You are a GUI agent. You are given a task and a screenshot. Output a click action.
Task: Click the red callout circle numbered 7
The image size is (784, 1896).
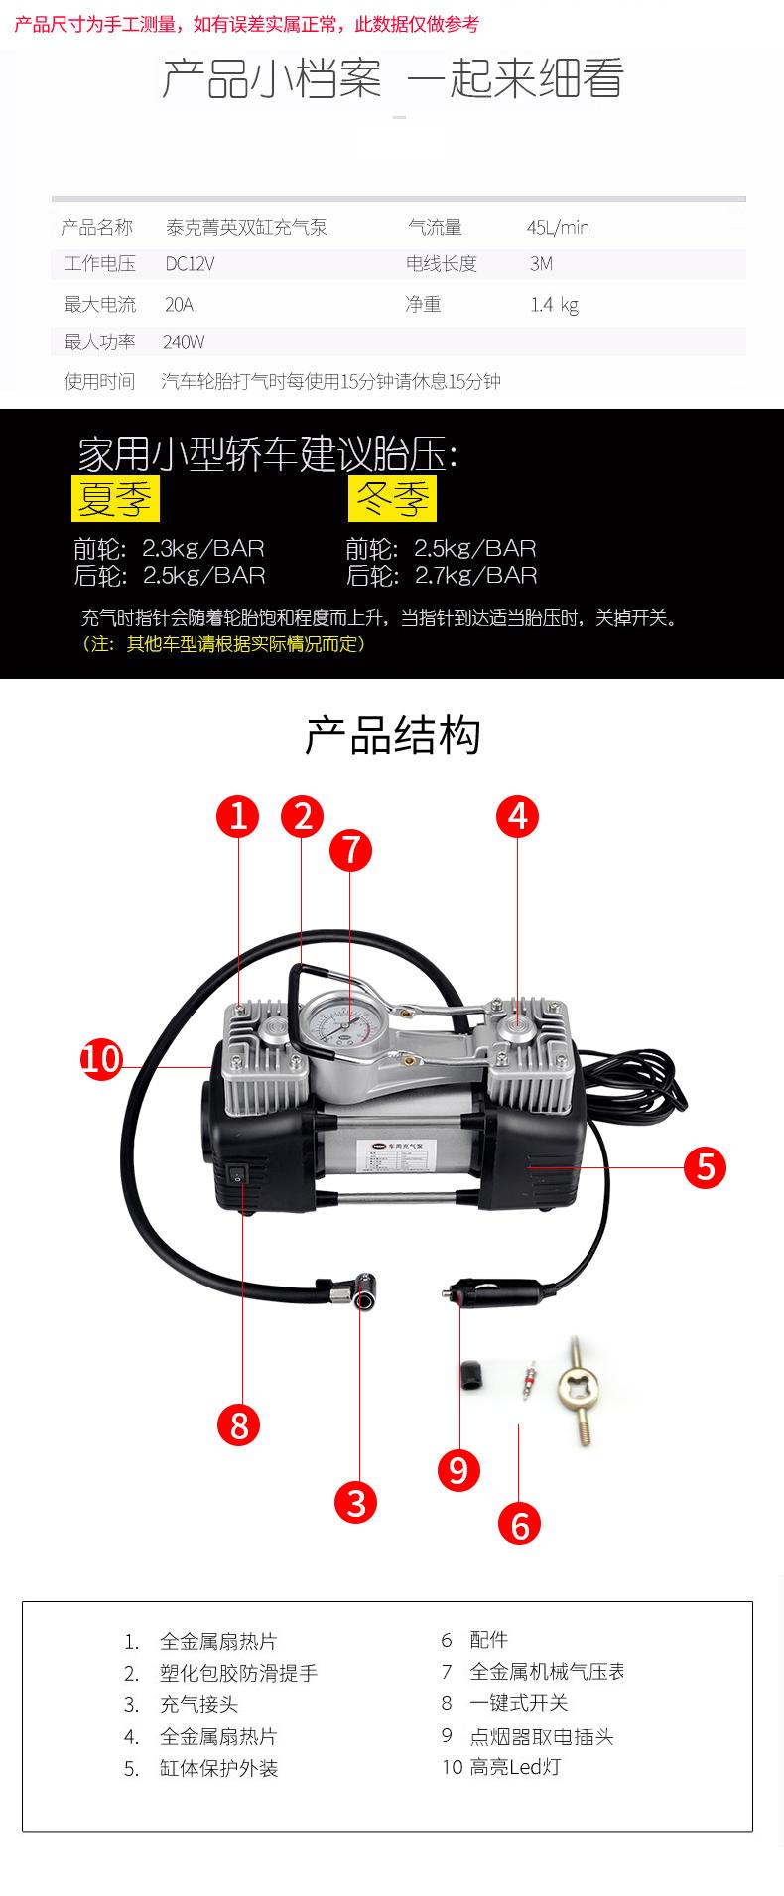pyautogui.click(x=350, y=851)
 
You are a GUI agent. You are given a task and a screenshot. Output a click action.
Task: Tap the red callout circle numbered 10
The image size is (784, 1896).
pyautogui.click(x=101, y=1058)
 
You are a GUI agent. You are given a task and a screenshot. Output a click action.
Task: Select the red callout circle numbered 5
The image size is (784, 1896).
pyautogui.click(x=706, y=1167)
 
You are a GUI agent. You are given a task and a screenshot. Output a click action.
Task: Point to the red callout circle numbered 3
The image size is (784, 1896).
pyautogui.click(x=356, y=1501)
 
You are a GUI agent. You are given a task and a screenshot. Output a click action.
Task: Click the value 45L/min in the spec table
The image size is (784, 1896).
pyautogui.click(x=558, y=228)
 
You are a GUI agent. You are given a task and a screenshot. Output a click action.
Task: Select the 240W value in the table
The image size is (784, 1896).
pyautogui.click(x=184, y=342)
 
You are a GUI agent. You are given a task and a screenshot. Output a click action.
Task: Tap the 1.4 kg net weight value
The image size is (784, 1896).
pyautogui.click(x=554, y=305)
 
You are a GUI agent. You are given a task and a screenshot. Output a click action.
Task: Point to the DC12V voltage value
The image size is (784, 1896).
pyautogui.click(x=190, y=264)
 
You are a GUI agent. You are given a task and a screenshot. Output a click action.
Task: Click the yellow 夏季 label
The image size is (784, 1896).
pyautogui.click(x=115, y=498)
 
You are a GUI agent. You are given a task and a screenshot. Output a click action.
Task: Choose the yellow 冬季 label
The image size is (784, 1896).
pyautogui.click(x=392, y=498)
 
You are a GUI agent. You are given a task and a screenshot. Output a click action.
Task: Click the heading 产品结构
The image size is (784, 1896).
pyautogui.click(x=392, y=737)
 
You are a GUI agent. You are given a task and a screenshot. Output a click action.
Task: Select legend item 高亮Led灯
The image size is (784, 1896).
pyautogui.click(x=514, y=1767)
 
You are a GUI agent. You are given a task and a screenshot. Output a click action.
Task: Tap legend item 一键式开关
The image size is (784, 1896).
pyautogui.click(x=518, y=1703)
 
